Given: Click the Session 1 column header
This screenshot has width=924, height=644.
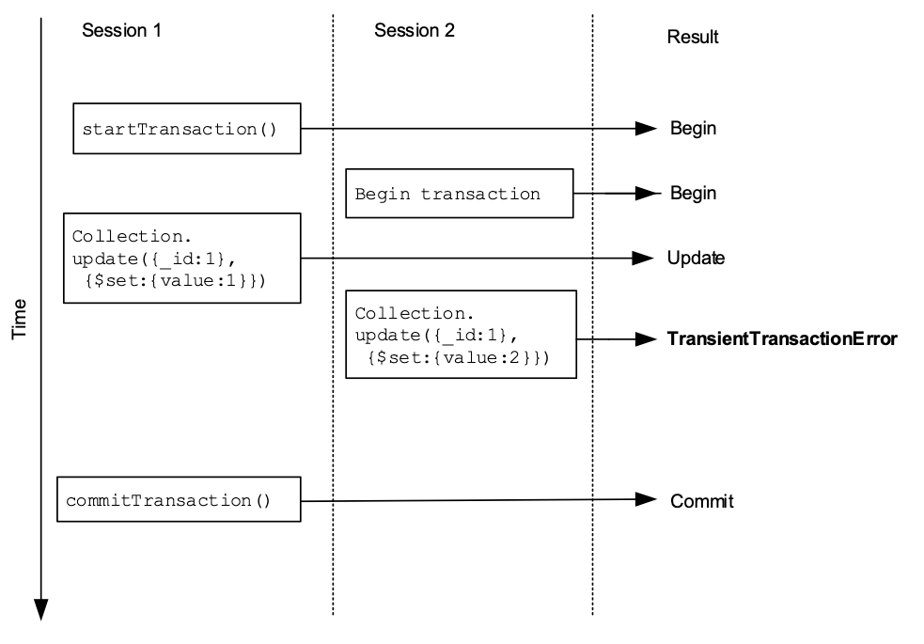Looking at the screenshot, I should click(121, 30).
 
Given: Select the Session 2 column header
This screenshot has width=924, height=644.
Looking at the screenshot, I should click(415, 30).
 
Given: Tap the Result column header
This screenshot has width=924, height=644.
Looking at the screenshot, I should click(693, 38).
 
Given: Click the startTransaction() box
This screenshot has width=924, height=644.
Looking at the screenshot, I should click(187, 129).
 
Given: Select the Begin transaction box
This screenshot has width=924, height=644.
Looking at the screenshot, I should click(459, 194).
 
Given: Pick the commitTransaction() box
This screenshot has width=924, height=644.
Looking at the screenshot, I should click(179, 499).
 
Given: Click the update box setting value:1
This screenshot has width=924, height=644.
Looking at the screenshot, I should click(181, 258).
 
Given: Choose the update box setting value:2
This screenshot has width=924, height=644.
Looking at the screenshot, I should click(461, 335).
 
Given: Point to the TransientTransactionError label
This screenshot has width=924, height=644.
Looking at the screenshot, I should click(782, 338).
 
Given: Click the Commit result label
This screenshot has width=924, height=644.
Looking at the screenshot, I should click(701, 501).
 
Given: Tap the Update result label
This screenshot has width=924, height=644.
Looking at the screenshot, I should click(696, 258).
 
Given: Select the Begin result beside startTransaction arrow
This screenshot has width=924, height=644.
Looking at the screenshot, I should click(693, 129).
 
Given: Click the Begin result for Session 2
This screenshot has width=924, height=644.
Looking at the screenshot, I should click(693, 194).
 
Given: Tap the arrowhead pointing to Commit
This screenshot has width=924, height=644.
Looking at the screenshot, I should click(646, 500).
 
